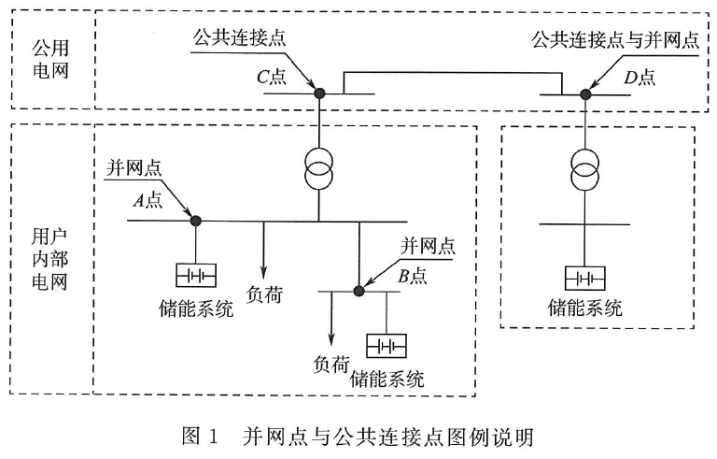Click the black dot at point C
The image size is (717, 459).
(319, 93)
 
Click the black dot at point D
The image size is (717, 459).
(585, 94)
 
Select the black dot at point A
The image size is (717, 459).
(196, 221)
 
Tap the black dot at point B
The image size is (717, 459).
(358, 291)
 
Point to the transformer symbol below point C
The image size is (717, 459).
(318, 168)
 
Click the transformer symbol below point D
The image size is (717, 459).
(584, 169)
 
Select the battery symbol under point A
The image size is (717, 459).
(196, 276)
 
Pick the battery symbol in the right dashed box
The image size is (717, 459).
(584, 278)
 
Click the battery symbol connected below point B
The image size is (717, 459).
(387, 346)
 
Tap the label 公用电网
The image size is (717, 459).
(50, 59)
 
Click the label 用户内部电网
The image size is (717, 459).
(49, 259)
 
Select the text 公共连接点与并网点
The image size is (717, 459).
(615, 40)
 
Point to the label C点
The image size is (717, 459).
(272, 77)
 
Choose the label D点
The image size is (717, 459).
(640, 77)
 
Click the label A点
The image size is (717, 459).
(148, 200)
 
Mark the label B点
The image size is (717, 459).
(413, 276)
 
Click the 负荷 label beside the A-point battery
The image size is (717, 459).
(264, 294)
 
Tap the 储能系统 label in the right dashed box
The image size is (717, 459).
(584, 308)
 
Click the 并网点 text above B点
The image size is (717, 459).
(428, 246)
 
